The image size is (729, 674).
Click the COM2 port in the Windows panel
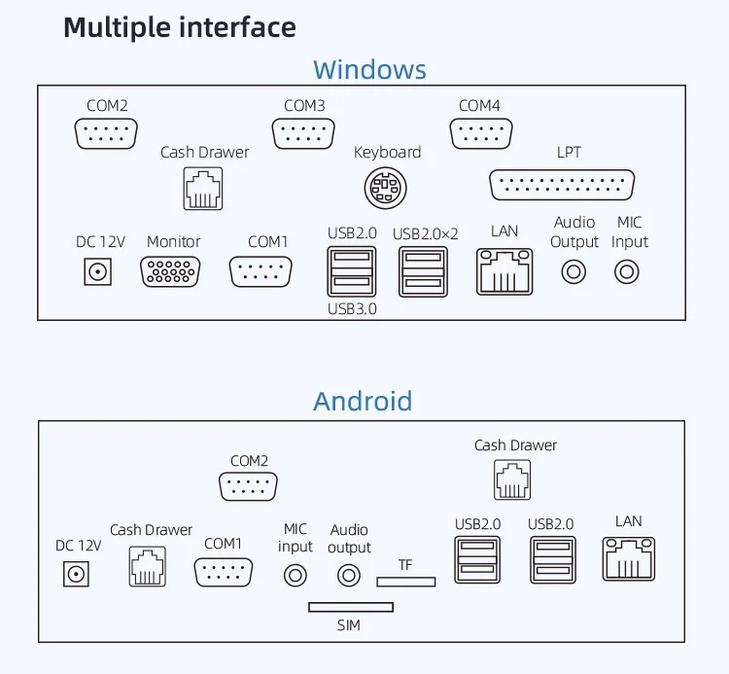tap(107, 133)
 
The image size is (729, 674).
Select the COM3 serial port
tap(304, 133)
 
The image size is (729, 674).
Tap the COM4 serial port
tap(479, 133)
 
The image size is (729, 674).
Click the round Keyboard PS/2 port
tap(386, 188)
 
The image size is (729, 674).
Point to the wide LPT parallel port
tap(563, 185)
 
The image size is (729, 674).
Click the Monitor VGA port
tap(171, 270)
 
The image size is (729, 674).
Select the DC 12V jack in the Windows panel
tap(96, 271)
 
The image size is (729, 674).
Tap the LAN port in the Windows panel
tap(504, 271)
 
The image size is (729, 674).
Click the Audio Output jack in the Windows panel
tap(573, 271)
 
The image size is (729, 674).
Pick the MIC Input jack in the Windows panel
tap(627, 271)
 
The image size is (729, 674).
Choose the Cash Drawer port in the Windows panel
tap(202, 189)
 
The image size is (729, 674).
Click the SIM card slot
tap(351, 607)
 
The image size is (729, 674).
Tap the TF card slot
tap(406, 582)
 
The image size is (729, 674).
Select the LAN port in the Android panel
tap(629, 560)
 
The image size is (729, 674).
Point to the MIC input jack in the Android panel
tap(295, 576)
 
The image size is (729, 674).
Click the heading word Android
tap(363, 401)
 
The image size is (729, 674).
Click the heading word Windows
tap(369, 70)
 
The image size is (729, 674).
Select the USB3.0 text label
tap(352, 309)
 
